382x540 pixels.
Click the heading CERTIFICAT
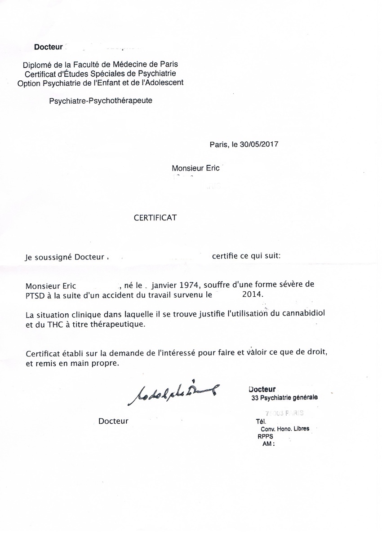coord(155,218)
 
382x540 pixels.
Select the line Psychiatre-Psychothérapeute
coord(101,101)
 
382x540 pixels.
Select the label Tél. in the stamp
coord(261,421)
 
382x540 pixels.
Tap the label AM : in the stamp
coord(268,443)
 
